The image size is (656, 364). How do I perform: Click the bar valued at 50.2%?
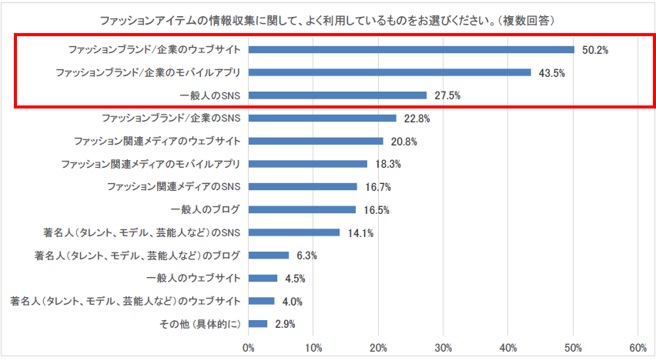[x=411, y=50]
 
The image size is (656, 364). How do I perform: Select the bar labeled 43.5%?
[x=390, y=72]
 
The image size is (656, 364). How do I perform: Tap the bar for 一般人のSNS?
[x=337, y=95]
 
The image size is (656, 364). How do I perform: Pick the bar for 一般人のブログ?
[x=302, y=209]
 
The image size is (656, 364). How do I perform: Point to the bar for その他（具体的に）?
[x=258, y=324]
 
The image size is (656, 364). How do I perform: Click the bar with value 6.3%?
[x=269, y=255]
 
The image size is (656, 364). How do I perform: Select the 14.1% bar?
[x=294, y=232]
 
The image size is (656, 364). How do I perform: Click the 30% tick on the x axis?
[x=443, y=348]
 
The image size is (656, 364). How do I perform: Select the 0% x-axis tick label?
[x=248, y=348]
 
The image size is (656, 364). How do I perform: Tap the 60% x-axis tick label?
[x=638, y=348]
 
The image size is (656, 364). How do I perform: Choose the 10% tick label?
[x=313, y=348]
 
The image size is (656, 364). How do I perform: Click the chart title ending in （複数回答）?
[x=328, y=18]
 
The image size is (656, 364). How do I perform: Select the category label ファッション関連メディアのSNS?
[x=174, y=187]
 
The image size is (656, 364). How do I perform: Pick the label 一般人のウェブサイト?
[x=193, y=279]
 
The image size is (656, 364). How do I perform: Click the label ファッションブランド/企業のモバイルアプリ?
[x=149, y=73]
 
